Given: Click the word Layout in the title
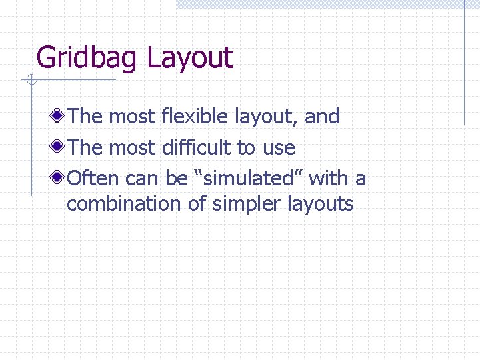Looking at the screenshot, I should point(190,59).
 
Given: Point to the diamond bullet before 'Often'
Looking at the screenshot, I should point(59,178).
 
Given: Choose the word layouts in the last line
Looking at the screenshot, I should point(320,204).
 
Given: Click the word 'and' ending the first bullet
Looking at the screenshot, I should point(322,117).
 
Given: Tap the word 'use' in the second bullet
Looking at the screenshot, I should point(279,148).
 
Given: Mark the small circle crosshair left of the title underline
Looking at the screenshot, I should point(30,81).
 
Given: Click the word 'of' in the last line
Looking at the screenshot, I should point(197,203).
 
